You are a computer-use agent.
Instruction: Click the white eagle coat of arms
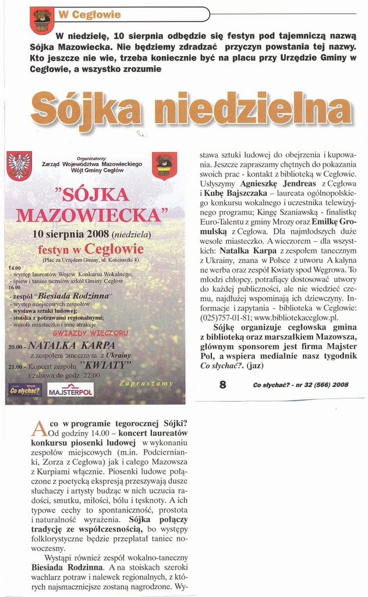(x=19, y=166)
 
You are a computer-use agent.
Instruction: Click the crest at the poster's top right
(x=165, y=166)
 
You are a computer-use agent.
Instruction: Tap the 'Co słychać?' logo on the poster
(x=25, y=391)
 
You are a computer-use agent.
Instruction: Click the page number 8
(x=222, y=384)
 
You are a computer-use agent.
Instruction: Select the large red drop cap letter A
(x=38, y=429)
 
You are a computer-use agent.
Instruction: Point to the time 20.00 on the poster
(x=15, y=346)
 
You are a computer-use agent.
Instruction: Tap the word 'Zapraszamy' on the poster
(x=146, y=383)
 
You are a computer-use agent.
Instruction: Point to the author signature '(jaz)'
(x=255, y=366)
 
